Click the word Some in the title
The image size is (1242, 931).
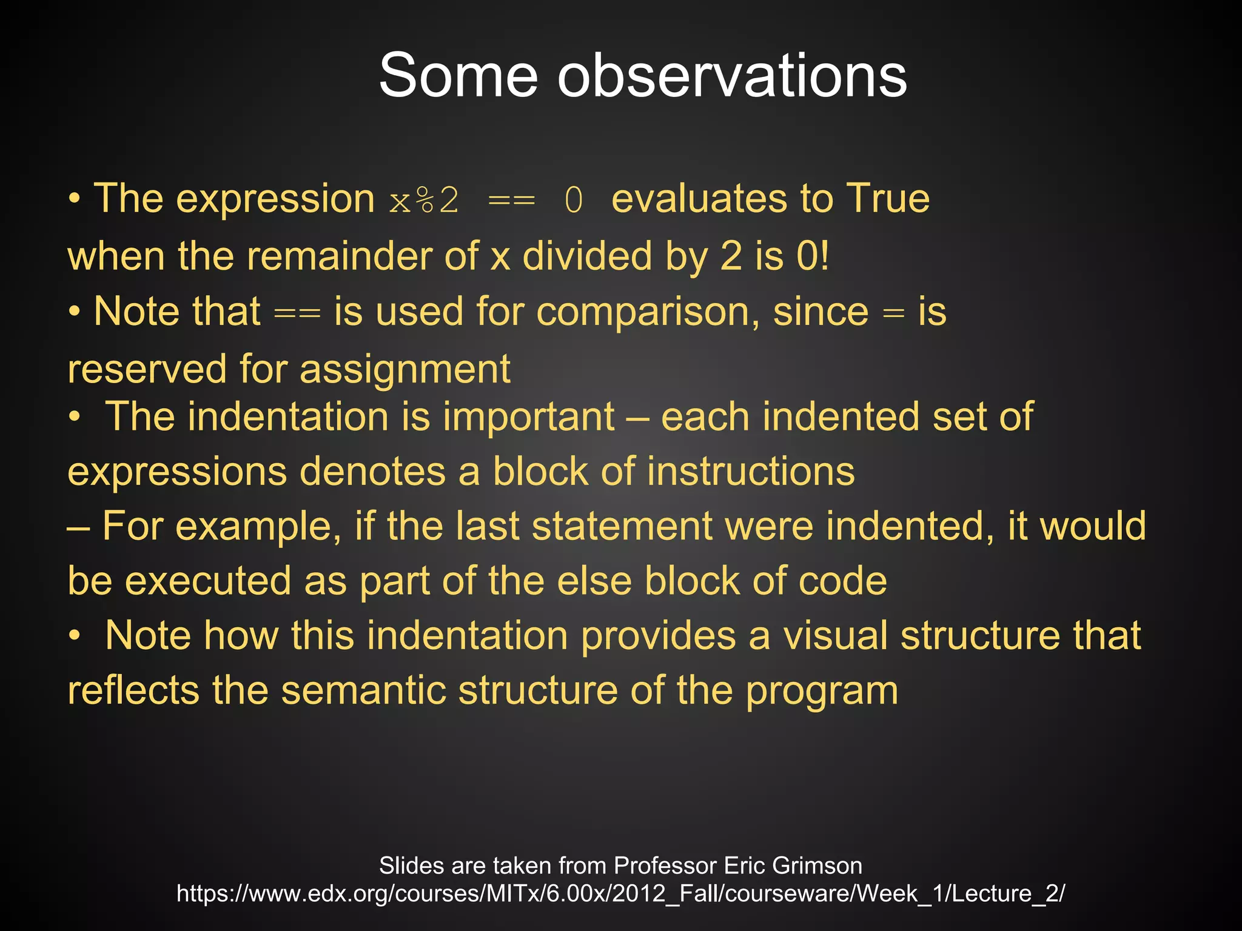click(458, 76)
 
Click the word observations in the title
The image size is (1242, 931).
click(732, 76)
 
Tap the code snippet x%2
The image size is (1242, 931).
click(424, 201)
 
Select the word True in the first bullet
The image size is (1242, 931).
click(888, 199)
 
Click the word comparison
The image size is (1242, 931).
click(642, 313)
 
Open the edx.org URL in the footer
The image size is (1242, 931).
click(620, 894)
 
